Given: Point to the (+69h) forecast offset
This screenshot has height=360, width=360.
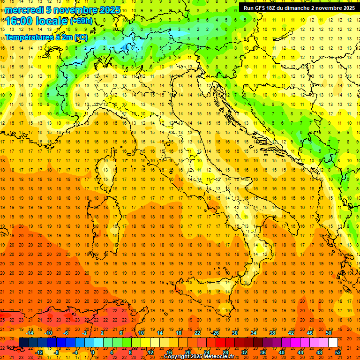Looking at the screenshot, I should tap(81, 21).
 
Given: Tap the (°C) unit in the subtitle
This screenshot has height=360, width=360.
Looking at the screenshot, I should tap(80, 37).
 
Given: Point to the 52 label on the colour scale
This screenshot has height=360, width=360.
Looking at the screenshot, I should tap(338, 352).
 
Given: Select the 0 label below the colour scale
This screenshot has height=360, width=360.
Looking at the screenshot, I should tap(93, 352).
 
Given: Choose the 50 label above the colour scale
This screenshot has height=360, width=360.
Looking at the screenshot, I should tap(329, 332).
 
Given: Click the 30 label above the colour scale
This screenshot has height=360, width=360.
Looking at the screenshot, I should tap(235, 332).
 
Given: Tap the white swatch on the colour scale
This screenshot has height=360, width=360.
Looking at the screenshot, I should tap(333, 343).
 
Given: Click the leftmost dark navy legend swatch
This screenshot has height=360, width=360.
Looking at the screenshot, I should tap(23, 343).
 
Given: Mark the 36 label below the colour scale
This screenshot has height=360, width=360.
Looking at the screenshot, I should tap(263, 352).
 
